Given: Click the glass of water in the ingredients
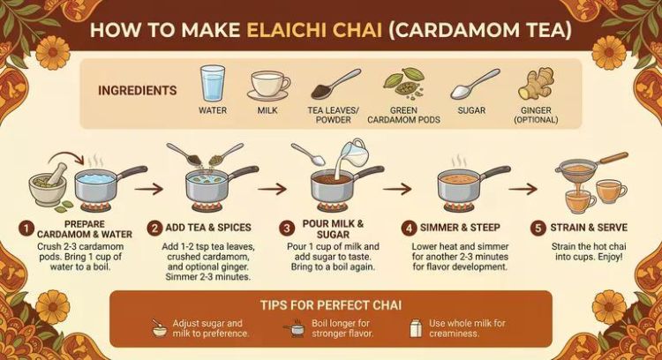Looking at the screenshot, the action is point(213,83).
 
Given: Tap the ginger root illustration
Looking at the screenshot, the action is point(536,84).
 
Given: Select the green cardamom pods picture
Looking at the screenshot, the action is point(403,82).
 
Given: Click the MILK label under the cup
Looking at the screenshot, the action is point(267,110).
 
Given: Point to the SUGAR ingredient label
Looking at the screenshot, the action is point(471,110).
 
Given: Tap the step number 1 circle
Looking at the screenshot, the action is point(26,229).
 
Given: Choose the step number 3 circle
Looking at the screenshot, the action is point(287,229).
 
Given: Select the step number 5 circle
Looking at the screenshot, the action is point(538,229).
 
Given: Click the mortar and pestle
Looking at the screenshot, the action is point(48,184).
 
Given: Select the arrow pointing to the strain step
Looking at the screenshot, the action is point(523,189).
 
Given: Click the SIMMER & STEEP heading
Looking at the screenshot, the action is point(460,228).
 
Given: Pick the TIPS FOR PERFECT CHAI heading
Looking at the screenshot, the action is point(331,305).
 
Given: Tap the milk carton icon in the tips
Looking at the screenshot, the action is point(416,328).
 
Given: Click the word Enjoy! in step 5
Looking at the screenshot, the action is point(611,257).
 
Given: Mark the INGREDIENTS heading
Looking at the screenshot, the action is point(137,91).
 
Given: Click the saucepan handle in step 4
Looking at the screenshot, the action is point(496,172).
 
